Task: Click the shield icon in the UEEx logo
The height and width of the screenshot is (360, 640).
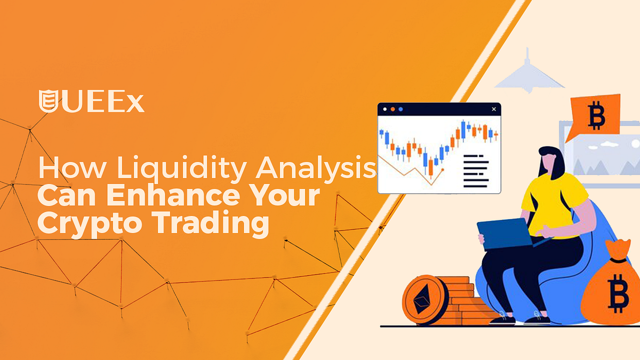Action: pyautogui.click(x=48, y=102)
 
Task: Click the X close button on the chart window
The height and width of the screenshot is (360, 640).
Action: pyautogui.click(x=494, y=109)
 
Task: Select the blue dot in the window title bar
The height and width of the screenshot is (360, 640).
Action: pyautogui.click(x=401, y=109)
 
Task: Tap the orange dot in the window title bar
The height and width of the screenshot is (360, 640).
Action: pyautogui.click(x=393, y=109)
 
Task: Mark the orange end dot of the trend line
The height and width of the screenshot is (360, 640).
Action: pyautogui.click(x=442, y=170)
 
